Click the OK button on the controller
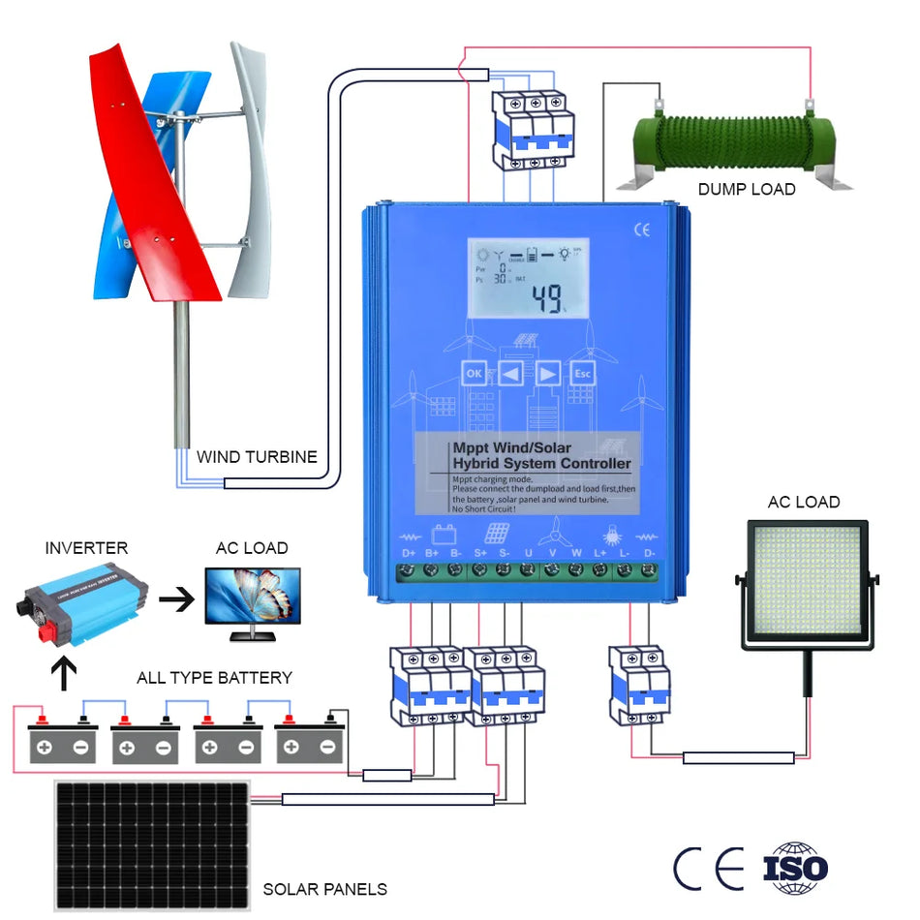(474, 373)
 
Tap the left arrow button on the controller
(511, 373)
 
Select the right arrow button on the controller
(547, 373)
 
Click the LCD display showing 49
(528, 278)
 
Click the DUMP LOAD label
(747, 190)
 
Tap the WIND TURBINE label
(257, 457)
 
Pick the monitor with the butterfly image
(252, 599)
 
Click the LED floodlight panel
(808, 586)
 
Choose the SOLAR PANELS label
(324, 889)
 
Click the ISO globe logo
(795, 868)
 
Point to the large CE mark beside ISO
(709, 869)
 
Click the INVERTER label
(86, 548)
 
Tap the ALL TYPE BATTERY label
(214, 678)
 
